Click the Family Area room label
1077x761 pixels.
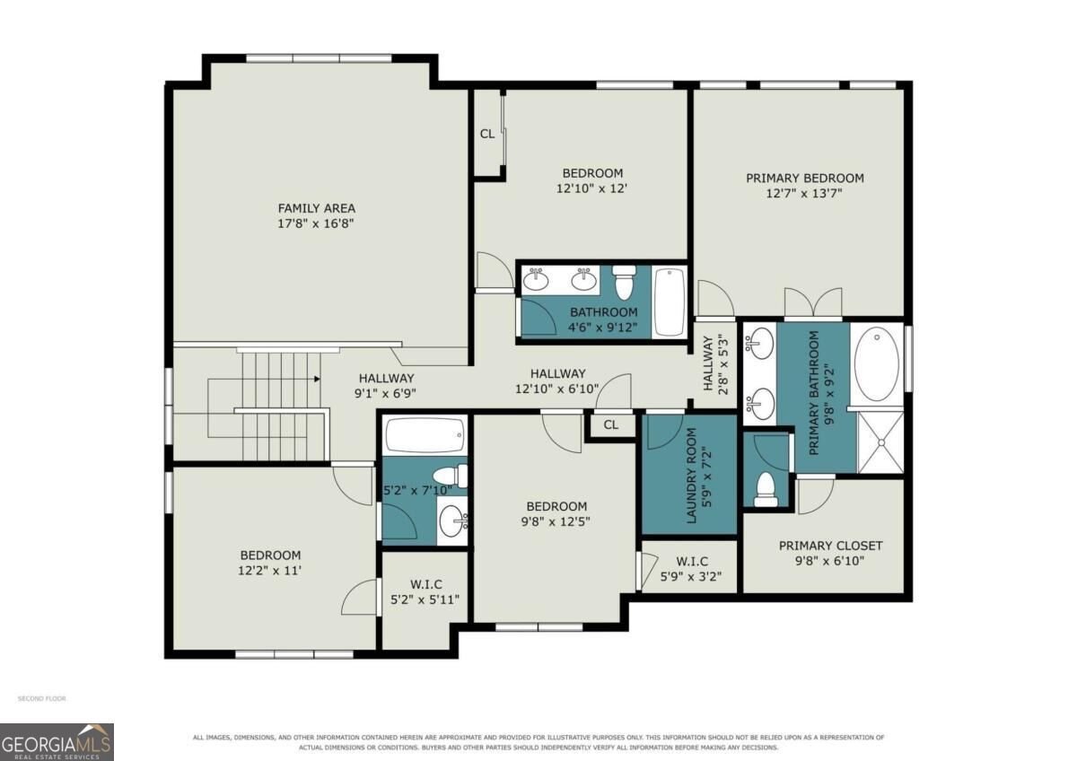(316, 208)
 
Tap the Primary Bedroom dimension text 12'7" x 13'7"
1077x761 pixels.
(804, 193)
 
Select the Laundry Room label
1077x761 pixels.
(692, 476)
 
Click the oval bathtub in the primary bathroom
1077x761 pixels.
(877, 364)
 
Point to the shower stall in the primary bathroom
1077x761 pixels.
(880, 442)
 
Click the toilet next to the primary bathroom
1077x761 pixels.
(766, 489)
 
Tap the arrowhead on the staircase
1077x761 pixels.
(317, 379)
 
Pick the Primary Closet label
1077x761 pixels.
(830, 546)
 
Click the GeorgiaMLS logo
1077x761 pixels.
(57, 742)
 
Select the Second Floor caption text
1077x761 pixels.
(42, 698)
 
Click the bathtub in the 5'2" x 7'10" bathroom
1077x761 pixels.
(425, 434)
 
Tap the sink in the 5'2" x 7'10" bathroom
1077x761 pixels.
(453, 520)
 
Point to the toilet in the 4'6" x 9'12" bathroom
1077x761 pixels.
(624, 281)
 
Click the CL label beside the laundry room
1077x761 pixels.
(610, 424)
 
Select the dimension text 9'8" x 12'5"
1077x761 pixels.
(556, 521)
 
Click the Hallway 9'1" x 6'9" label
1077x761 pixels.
(386, 386)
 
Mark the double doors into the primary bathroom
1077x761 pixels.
(813, 302)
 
